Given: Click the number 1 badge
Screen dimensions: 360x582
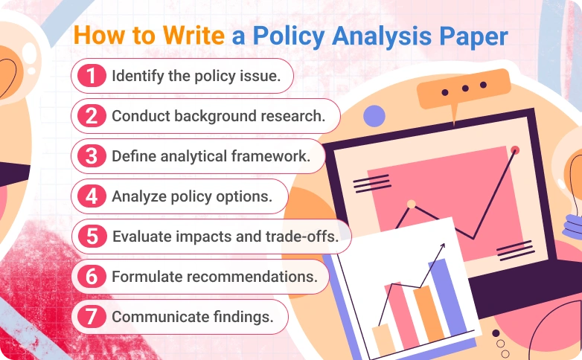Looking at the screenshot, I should (90, 75).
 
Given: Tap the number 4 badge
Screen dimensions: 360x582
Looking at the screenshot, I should (91, 196).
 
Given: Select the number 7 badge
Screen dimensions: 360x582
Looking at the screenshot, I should (91, 316).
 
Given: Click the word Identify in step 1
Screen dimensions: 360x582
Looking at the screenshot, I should (135, 75).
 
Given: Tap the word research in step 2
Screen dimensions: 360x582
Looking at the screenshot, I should (289, 116).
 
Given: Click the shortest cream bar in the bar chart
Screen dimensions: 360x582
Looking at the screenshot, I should (383, 338).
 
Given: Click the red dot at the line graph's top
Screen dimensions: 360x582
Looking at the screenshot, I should (515, 150).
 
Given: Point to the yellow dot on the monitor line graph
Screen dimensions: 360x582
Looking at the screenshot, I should (411, 203).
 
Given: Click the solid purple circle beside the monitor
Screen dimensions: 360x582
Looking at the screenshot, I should (374, 115).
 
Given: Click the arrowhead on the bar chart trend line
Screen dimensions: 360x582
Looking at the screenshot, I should (442, 245).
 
